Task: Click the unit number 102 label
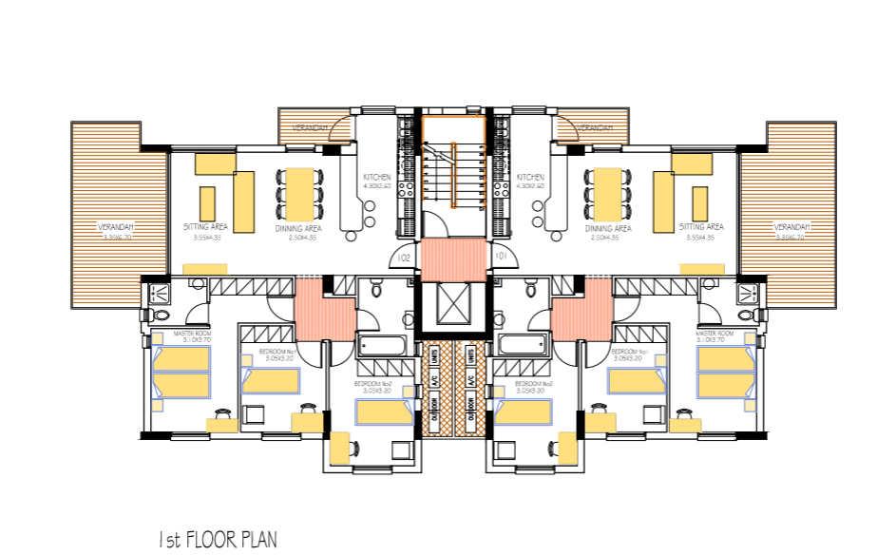tap(404, 258)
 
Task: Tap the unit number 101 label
tap(500, 258)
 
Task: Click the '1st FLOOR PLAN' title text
tap(218, 540)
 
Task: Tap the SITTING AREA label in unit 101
tap(701, 228)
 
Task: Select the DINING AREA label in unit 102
tap(298, 229)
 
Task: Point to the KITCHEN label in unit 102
tap(377, 178)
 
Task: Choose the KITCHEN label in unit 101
tap(530, 178)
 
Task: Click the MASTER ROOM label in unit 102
tap(193, 335)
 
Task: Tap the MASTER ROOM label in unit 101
tap(715, 335)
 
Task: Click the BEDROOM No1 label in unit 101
tap(630, 354)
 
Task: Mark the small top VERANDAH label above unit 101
tap(594, 127)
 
